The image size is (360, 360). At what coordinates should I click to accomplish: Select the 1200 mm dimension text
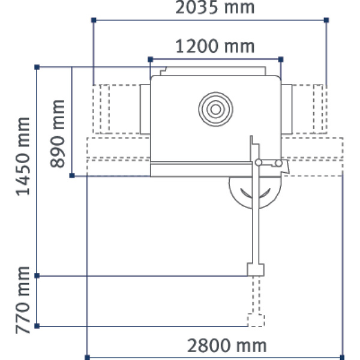[214, 46]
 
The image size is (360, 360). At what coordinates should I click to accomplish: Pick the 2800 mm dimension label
[226, 346]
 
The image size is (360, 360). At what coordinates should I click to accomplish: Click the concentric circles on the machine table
[215, 109]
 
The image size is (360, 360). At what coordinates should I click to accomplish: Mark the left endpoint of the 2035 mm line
[94, 20]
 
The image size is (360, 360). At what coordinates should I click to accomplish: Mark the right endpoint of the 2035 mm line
[326, 20]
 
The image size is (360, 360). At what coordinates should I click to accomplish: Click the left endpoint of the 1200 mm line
[150, 59]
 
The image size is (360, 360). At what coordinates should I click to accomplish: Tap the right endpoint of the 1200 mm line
[281, 59]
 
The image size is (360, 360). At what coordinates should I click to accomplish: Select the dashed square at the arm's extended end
[256, 320]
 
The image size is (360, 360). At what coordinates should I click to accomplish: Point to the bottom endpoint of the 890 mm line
[72, 175]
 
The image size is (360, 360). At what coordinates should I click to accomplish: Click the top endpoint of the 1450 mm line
[37, 67]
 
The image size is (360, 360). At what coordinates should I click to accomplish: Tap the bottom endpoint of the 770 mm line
[37, 326]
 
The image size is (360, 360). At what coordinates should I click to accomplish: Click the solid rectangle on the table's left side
[145, 109]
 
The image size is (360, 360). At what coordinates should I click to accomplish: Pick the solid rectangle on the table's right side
[286, 109]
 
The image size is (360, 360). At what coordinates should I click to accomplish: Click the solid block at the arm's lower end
[256, 269]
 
